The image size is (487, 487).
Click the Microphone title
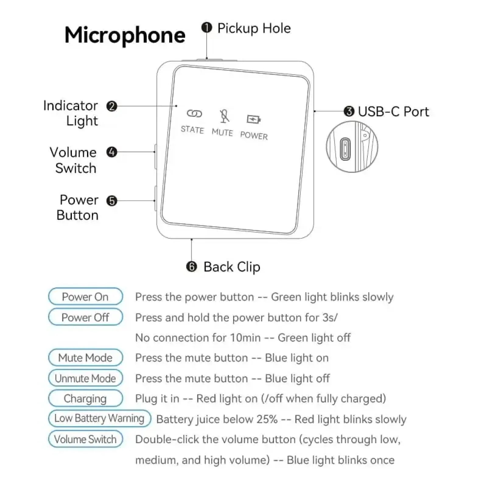(x=125, y=36)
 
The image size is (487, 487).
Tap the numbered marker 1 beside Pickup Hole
(x=207, y=28)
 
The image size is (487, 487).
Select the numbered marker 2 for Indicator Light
(x=112, y=106)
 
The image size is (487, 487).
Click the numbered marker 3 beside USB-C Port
(x=349, y=111)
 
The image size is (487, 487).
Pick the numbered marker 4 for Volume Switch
(x=112, y=152)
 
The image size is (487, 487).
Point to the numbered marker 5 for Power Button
(x=112, y=201)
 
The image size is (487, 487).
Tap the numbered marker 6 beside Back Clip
(x=191, y=267)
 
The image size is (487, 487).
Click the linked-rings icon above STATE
(x=194, y=114)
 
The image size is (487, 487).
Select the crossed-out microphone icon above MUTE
(x=224, y=116)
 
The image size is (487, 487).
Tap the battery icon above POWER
(x=254, y=119)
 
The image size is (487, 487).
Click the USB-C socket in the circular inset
(x=345, y=149)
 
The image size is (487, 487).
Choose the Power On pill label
(x=85, y=296)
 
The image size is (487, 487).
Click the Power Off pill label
(x=85, y=317)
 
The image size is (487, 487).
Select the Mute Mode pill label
(x=85, y=357)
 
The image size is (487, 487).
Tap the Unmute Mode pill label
(x=85, y=378)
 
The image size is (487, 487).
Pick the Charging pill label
(x=85, y=398)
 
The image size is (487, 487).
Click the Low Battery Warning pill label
(x=99, y=418)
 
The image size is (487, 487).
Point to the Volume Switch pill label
(x=85, y=439)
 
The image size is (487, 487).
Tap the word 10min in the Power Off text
(x=245, y=338)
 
